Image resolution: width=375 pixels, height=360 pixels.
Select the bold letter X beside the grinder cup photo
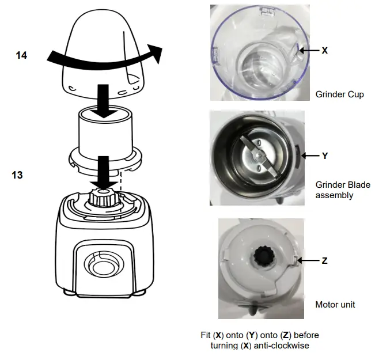tap(324, 51)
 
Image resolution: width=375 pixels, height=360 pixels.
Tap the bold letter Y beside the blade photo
tap(324, 156)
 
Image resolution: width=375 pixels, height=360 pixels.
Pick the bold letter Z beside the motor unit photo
tap(324, 260)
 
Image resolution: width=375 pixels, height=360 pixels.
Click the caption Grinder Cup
tap(340, 94)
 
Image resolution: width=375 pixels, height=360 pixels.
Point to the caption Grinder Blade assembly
tap(343, 190)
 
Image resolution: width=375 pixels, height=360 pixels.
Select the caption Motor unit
tap(335, 304)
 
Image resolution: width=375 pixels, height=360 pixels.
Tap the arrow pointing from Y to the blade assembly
tap(310, 156)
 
